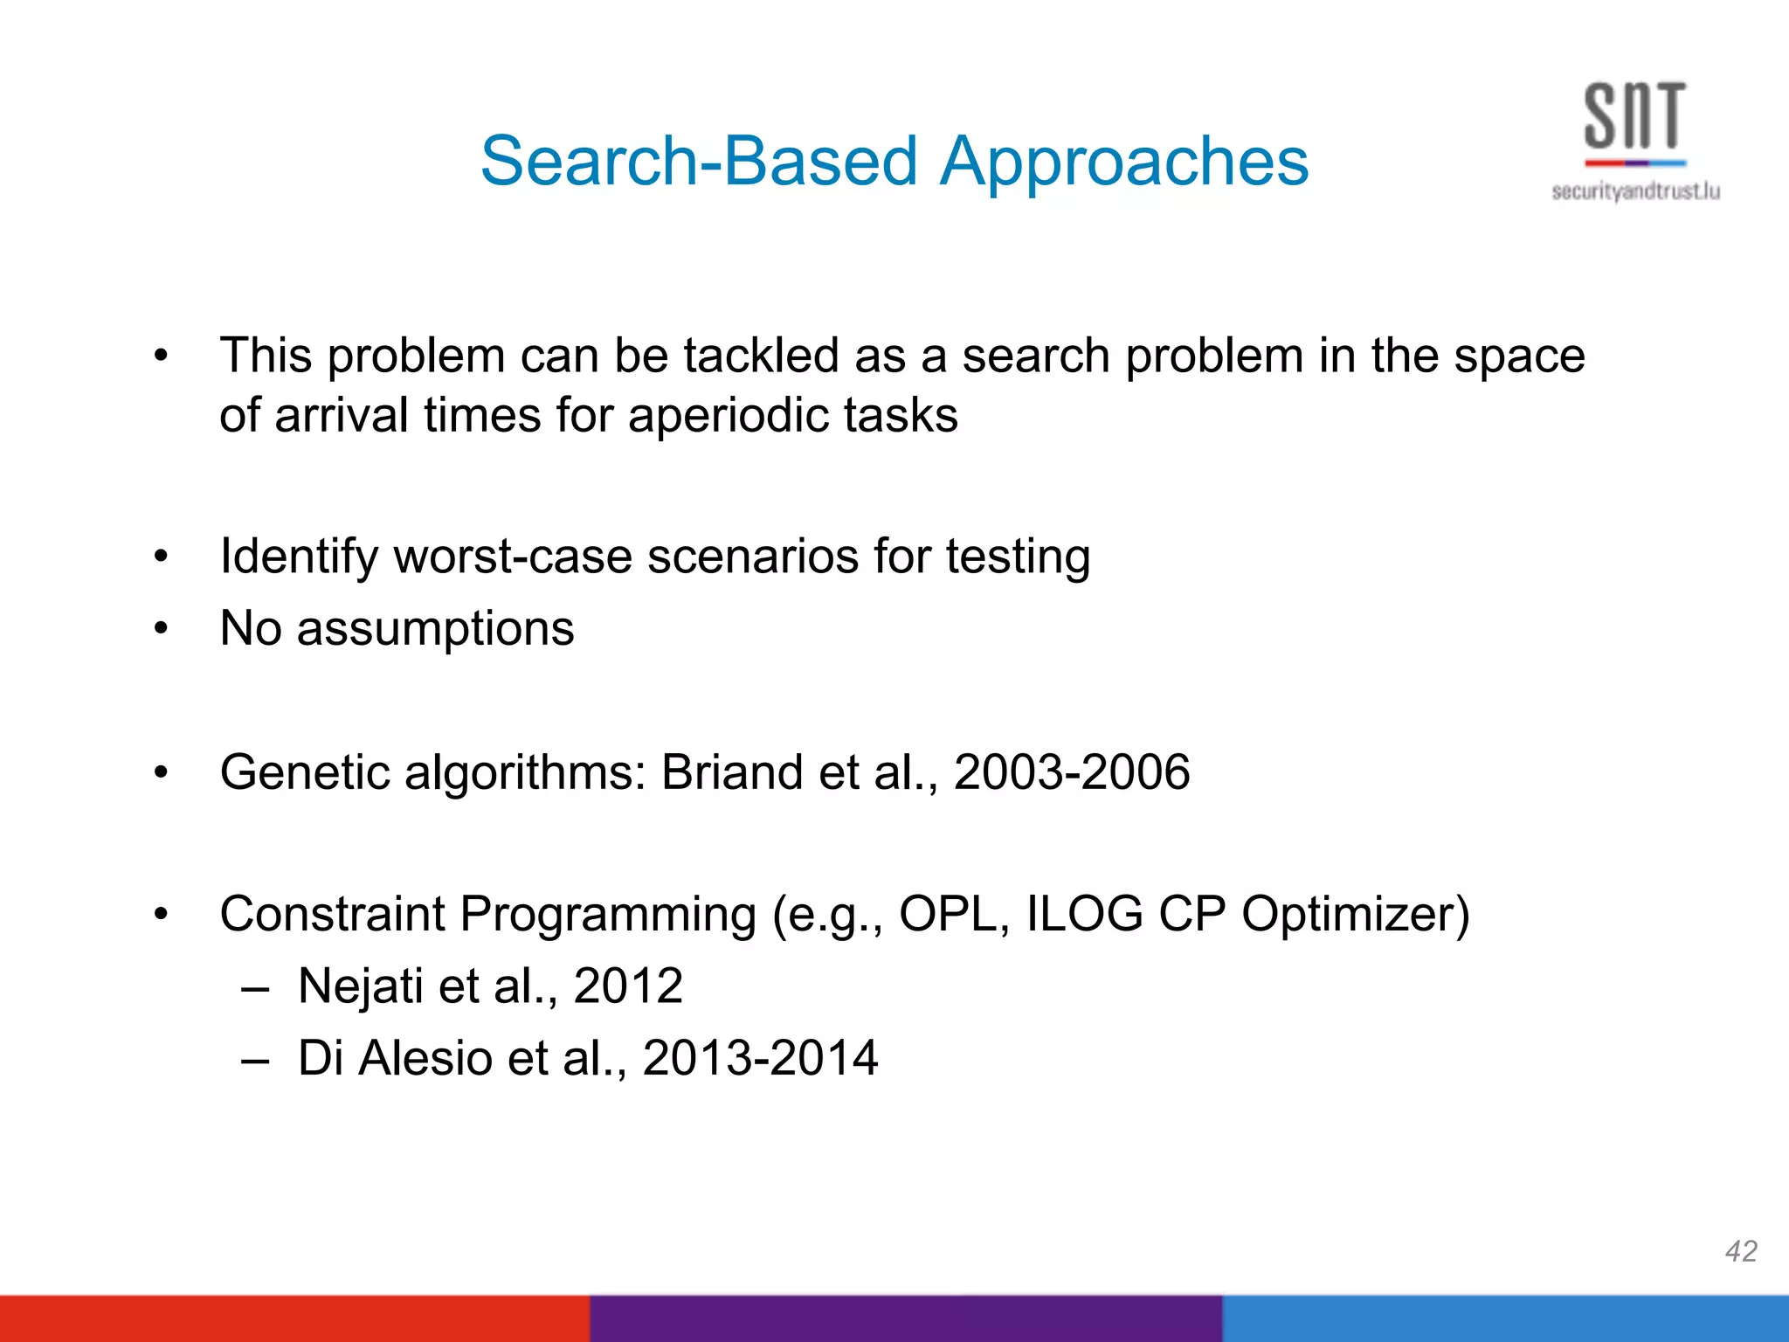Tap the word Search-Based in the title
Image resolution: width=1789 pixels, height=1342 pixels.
coord(699,163)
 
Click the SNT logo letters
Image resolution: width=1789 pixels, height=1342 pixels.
coord(1634,115)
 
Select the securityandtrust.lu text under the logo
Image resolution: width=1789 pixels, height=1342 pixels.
coord(1635,191)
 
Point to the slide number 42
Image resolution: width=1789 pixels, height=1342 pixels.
coord(1740,1251)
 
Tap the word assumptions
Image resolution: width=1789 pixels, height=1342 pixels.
coord(435,628)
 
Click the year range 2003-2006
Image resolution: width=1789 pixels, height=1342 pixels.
coord(1071,772)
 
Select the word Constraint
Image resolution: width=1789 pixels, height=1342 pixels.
coord(332,914)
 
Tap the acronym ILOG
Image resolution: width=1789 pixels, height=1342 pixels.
coord(1083,914)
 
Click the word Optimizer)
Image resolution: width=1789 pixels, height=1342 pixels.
coord(1356,914)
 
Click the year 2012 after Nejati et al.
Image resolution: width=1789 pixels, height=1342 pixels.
coord(627,986)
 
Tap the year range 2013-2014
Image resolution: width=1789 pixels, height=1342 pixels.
coord(760,1058)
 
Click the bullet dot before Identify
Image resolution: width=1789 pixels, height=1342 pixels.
coord(160,557)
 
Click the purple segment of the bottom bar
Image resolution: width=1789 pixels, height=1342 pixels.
coord(905,1318)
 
